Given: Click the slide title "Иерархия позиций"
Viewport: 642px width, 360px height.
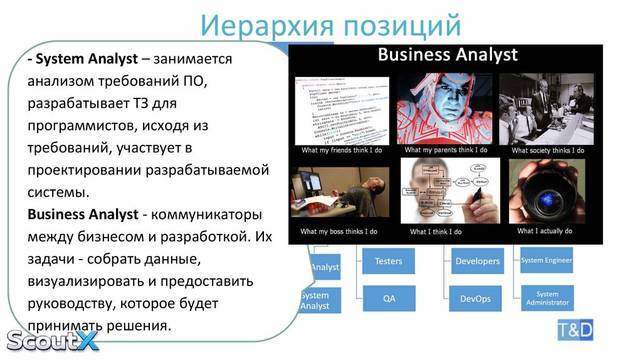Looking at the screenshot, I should (x=331, y=26).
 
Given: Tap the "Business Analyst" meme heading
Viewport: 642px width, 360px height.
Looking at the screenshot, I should (x=448, y=55).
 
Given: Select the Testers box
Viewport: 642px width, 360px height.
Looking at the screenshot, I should (x=388, y=261).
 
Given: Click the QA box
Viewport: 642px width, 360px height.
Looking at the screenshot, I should (x=389, y=299).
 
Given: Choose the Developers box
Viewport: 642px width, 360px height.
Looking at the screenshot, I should (x=477, y=261).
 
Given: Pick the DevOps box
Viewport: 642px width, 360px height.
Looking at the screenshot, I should (x=475, y=299).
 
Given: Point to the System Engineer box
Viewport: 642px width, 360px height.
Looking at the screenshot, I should (x=547, y=260).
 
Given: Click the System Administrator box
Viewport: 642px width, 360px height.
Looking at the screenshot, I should (x=547, y=298).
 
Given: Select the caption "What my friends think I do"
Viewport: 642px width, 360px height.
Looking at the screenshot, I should (x=341, y=151).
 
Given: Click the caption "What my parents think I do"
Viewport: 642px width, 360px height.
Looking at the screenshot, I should (x=447, y=151).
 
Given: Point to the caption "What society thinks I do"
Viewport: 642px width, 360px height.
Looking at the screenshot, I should (x=547, y=151).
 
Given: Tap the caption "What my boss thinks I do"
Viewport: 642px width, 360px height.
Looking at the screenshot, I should (x=339, y=231).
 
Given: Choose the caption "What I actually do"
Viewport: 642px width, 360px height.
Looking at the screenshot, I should (x=544, y=231).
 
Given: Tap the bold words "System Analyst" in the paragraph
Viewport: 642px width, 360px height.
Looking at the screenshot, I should (x=87, y=60).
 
